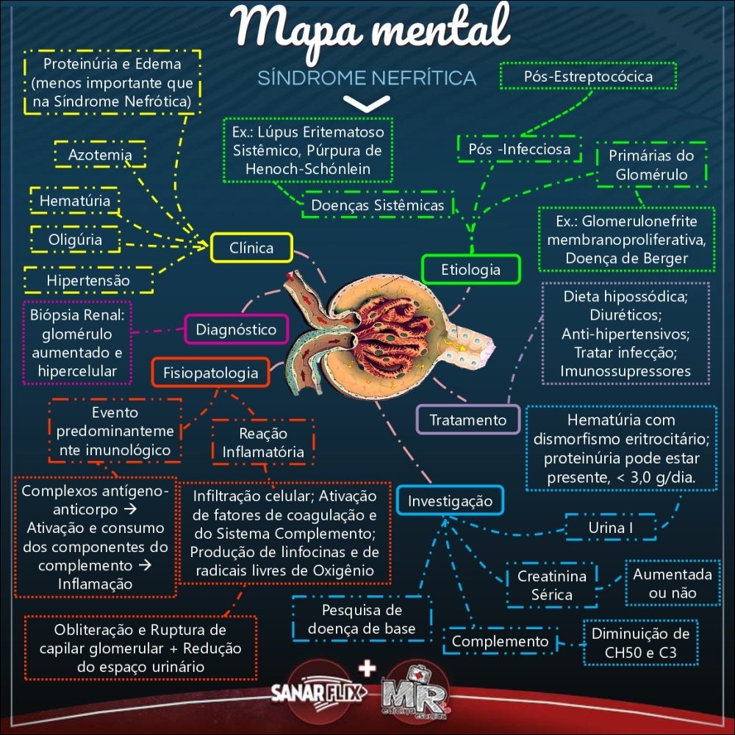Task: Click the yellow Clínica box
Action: (251, 248)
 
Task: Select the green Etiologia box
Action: (470, 269)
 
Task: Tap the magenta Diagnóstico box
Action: (236, 329)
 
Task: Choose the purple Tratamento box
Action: (468, 420)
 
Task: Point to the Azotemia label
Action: (100, 155)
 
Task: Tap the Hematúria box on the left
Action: (75, 200)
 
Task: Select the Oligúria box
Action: (75, 240)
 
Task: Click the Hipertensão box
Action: (88, 280)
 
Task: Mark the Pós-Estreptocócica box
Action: (588, 76)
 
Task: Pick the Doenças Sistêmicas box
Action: (378, 205)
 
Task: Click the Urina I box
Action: (611, 528)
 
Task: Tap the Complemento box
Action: (500, 642)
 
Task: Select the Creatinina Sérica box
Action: (551, 585)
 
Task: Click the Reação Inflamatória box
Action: (262, 442)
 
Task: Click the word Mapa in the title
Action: (290, 31)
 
